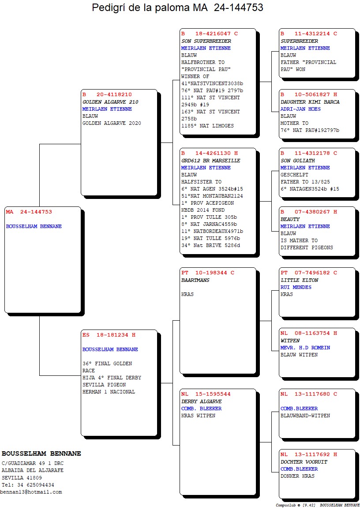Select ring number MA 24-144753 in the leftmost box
(x=29, y=212)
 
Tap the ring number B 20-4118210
(x=107, y=95)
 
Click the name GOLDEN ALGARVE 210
(x=110, y=102)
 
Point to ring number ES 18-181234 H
(x=109, y=335)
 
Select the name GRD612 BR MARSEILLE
(x=211, y=161)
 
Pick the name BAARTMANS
(x=195, y=280)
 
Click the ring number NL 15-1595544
(x=206, y=394)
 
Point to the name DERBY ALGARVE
(x=202, y=401)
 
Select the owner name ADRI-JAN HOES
(x=300, y=109)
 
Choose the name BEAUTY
(x=290, y=219)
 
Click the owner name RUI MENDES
(x=296, y=287)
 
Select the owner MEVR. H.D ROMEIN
(x=305, y=348)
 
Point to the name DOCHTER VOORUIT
(x=304, y=462)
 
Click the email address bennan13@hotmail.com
(x=31, y=492)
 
